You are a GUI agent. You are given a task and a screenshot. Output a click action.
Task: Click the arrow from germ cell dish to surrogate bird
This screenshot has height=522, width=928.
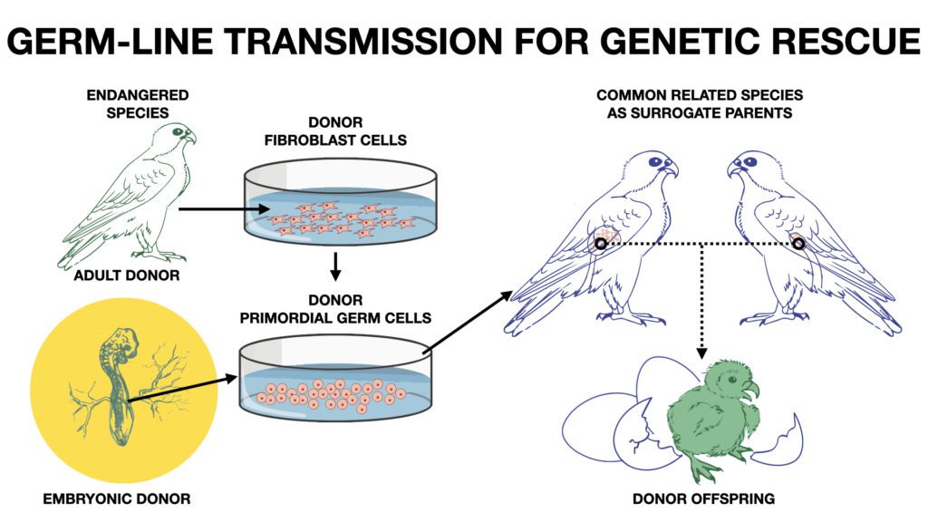[468, 316]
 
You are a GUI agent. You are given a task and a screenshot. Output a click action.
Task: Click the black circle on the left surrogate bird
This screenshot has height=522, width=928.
[601, 243]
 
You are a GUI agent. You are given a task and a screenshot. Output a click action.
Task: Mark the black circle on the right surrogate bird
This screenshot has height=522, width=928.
[798, 243]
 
